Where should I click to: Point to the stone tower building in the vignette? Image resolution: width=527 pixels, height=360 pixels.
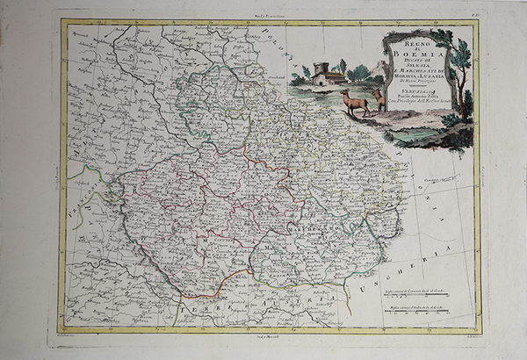click(322, 74)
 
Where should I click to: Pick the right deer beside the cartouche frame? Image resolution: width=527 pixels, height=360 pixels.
click(379, 97)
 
